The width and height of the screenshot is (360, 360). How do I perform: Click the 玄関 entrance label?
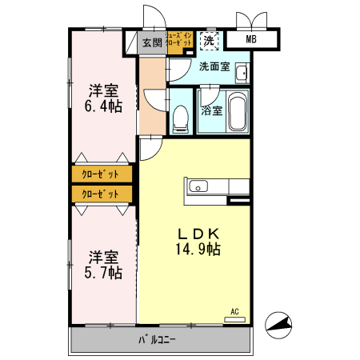(x=152, y=42)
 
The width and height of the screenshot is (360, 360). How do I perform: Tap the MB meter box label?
(x=250, y=40)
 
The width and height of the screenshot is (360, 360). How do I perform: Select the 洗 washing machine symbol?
(x=208, y=40)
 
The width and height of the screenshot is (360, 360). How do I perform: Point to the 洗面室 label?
(x=214, y=67)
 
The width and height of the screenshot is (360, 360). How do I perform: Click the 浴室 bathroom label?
(x=212, y=111)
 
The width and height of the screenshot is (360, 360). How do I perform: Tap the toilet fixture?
(x=181, y=118)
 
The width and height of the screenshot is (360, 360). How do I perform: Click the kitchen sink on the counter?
(x=198, y=187)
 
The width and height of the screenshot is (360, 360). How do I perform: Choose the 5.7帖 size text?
(x=104, y=272)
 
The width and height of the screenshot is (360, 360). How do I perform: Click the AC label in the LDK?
(x=234, y=310)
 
